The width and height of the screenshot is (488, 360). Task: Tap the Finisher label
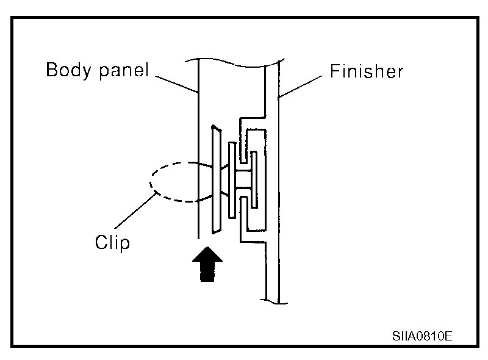pyautogui.click(x=367, y=71)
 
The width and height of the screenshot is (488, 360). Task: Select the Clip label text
pyautogui.click(x=112, y=242)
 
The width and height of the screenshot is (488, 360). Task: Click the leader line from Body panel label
pyautogui.click(x=178, y=84)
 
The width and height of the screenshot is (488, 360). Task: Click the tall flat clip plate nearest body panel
pyautogui.click(x=215, y=180)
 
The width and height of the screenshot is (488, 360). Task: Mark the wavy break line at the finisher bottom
pyautogui.click(x=273, y=300)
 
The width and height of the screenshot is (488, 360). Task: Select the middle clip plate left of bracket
pyautogui.click(x=232, y=180)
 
